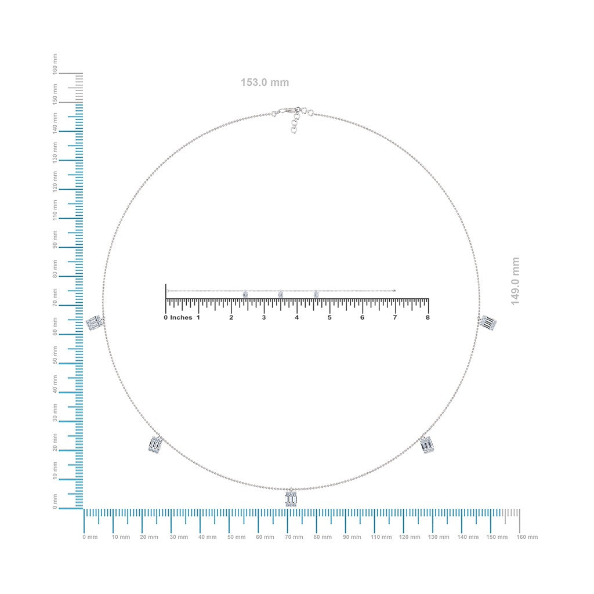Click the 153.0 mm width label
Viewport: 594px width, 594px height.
(265, 82)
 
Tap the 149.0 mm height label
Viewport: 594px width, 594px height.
(515, 281)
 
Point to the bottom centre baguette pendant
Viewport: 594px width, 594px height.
(291, 497)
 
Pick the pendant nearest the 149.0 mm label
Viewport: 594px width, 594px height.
(488, 323)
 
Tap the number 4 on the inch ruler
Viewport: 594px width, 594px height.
(296, 317)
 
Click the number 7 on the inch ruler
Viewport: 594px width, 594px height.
(394, 317)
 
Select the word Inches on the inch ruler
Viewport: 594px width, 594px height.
(181, 317)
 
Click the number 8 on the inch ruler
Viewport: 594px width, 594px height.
(428, 317)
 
